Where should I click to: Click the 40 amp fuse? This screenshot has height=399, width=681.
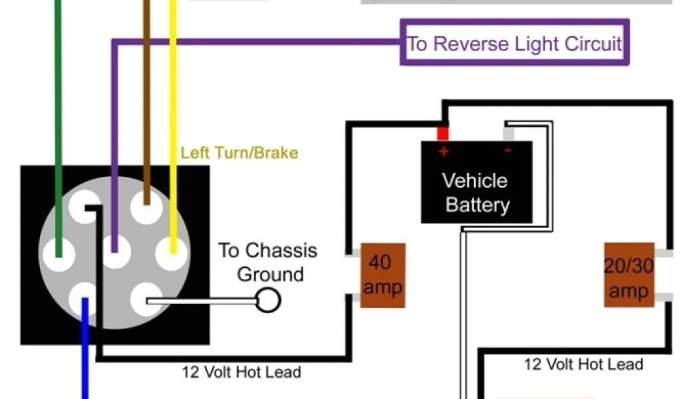pyautogui.click(x=382, y=275)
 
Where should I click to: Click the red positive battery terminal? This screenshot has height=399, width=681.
pyautogui.click(x=443, y=133)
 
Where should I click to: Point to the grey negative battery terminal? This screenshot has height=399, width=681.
pyautogui.click(x=509, y=133)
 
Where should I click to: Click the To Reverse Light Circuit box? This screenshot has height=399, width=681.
pyautogui.click(x=514, y=43)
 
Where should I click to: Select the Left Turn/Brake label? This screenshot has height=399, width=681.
pyautogui.click(x=239, y=153)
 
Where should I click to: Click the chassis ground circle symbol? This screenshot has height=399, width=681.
pyautogui.click(x=268, y=301)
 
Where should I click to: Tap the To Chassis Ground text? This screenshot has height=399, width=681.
pyautogui.click(x=269, y=262)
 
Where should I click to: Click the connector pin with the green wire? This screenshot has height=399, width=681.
pyautogui.click(x=59, y=253)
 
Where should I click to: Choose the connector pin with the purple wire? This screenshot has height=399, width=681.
pyautogui.click(x=116, y=253)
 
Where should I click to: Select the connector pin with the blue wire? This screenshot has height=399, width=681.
pyautogui.click(x=85, y=299)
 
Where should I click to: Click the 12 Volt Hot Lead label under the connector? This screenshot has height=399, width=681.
pyautogui.click(x=241, y=372)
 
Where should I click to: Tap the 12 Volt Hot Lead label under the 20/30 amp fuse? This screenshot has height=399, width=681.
pyautogui.click(x=584, y=364)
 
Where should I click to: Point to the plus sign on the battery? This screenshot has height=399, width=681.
pyautogui.click(x=444, y=152)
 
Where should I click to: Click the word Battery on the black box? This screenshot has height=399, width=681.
pyautogui.click(x=477, y=203)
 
